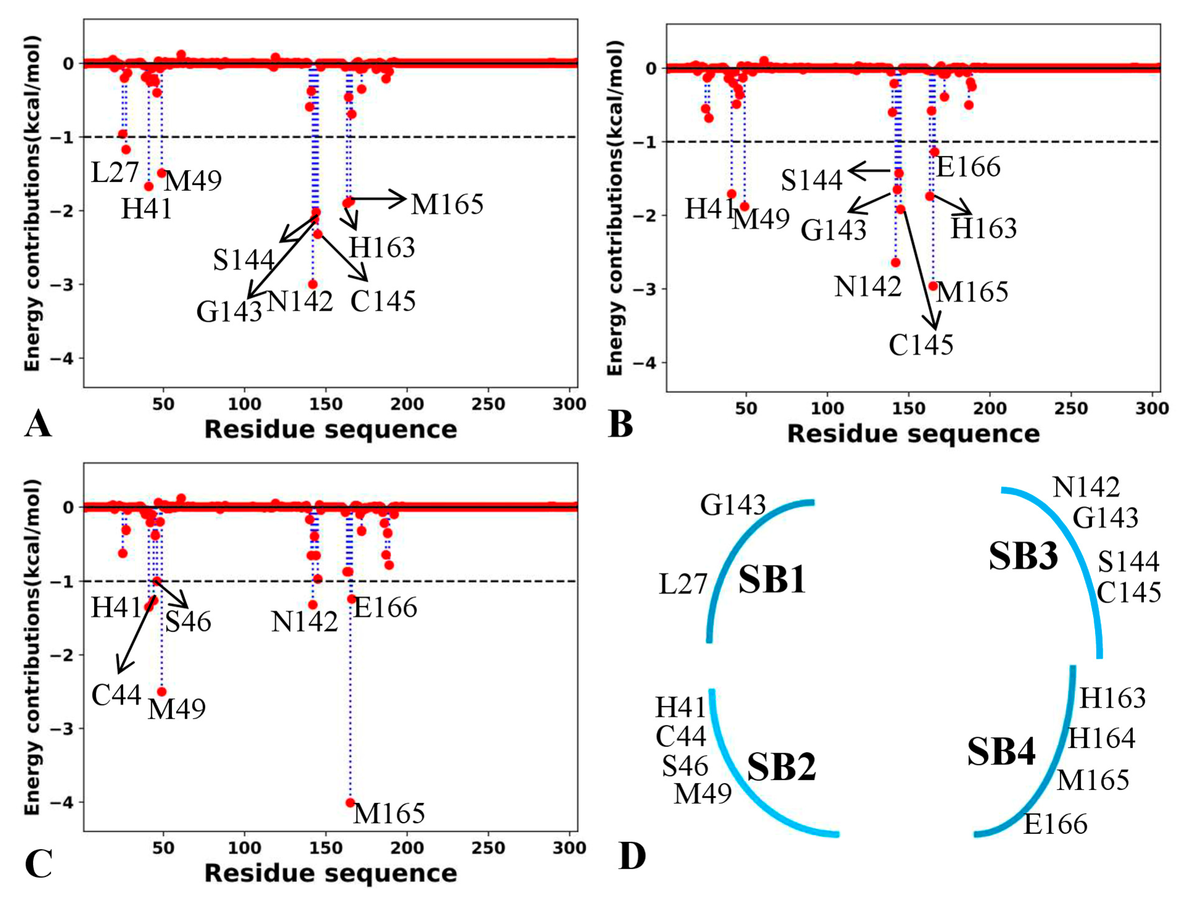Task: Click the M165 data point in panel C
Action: [x=350, y=802]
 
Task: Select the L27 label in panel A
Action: [x=115, y=173]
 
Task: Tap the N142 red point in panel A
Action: [x=312, y=284]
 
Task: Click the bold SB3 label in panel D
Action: [x=1023, y=556]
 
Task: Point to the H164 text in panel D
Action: [x=1101, y=739]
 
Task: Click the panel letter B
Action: [x=621, y=424]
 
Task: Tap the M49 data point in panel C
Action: [x=162, y=692]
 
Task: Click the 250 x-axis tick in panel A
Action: [x=487, y=405]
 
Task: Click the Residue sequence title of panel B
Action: [x=913, y=434]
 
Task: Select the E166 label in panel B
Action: [x=968, y=167]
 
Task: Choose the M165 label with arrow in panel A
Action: [x=447, y=204]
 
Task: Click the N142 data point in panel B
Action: [x=896, y=262]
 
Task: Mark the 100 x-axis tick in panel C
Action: [x=245, y=848]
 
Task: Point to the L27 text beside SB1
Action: [x=683, y=584]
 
